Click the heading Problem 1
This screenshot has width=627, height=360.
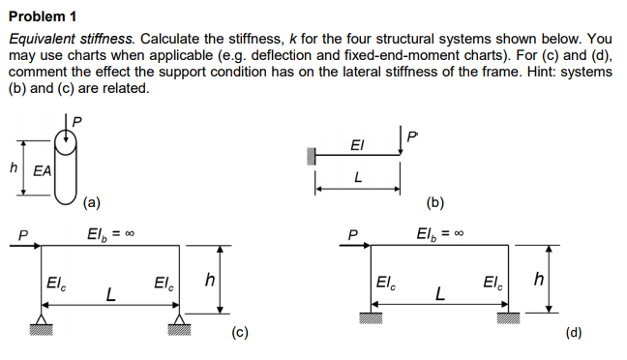point(42,16)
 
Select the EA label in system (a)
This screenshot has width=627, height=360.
point(43,171)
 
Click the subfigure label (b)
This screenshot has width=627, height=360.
point(434,202)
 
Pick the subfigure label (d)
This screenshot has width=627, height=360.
point(574,335)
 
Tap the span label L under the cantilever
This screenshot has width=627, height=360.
point(358,178)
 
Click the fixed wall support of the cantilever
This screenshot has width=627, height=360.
point(313,155)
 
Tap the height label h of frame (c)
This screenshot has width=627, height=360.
point(209,280)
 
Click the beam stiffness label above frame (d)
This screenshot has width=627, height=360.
point(434,234)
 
